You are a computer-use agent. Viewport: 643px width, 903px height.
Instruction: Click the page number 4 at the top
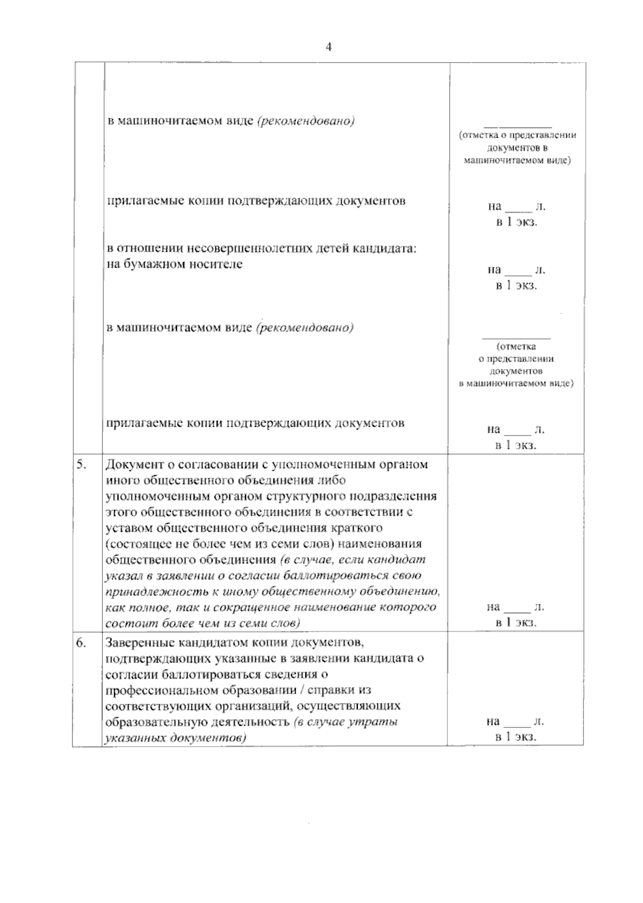(329, 47)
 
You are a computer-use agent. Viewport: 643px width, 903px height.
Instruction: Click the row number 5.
(81, 464)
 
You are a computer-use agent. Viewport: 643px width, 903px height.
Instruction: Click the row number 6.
(81, 643)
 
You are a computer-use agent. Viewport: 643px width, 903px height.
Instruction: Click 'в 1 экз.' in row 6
(516, 737)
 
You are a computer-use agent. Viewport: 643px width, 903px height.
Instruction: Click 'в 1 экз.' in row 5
(516, 623)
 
